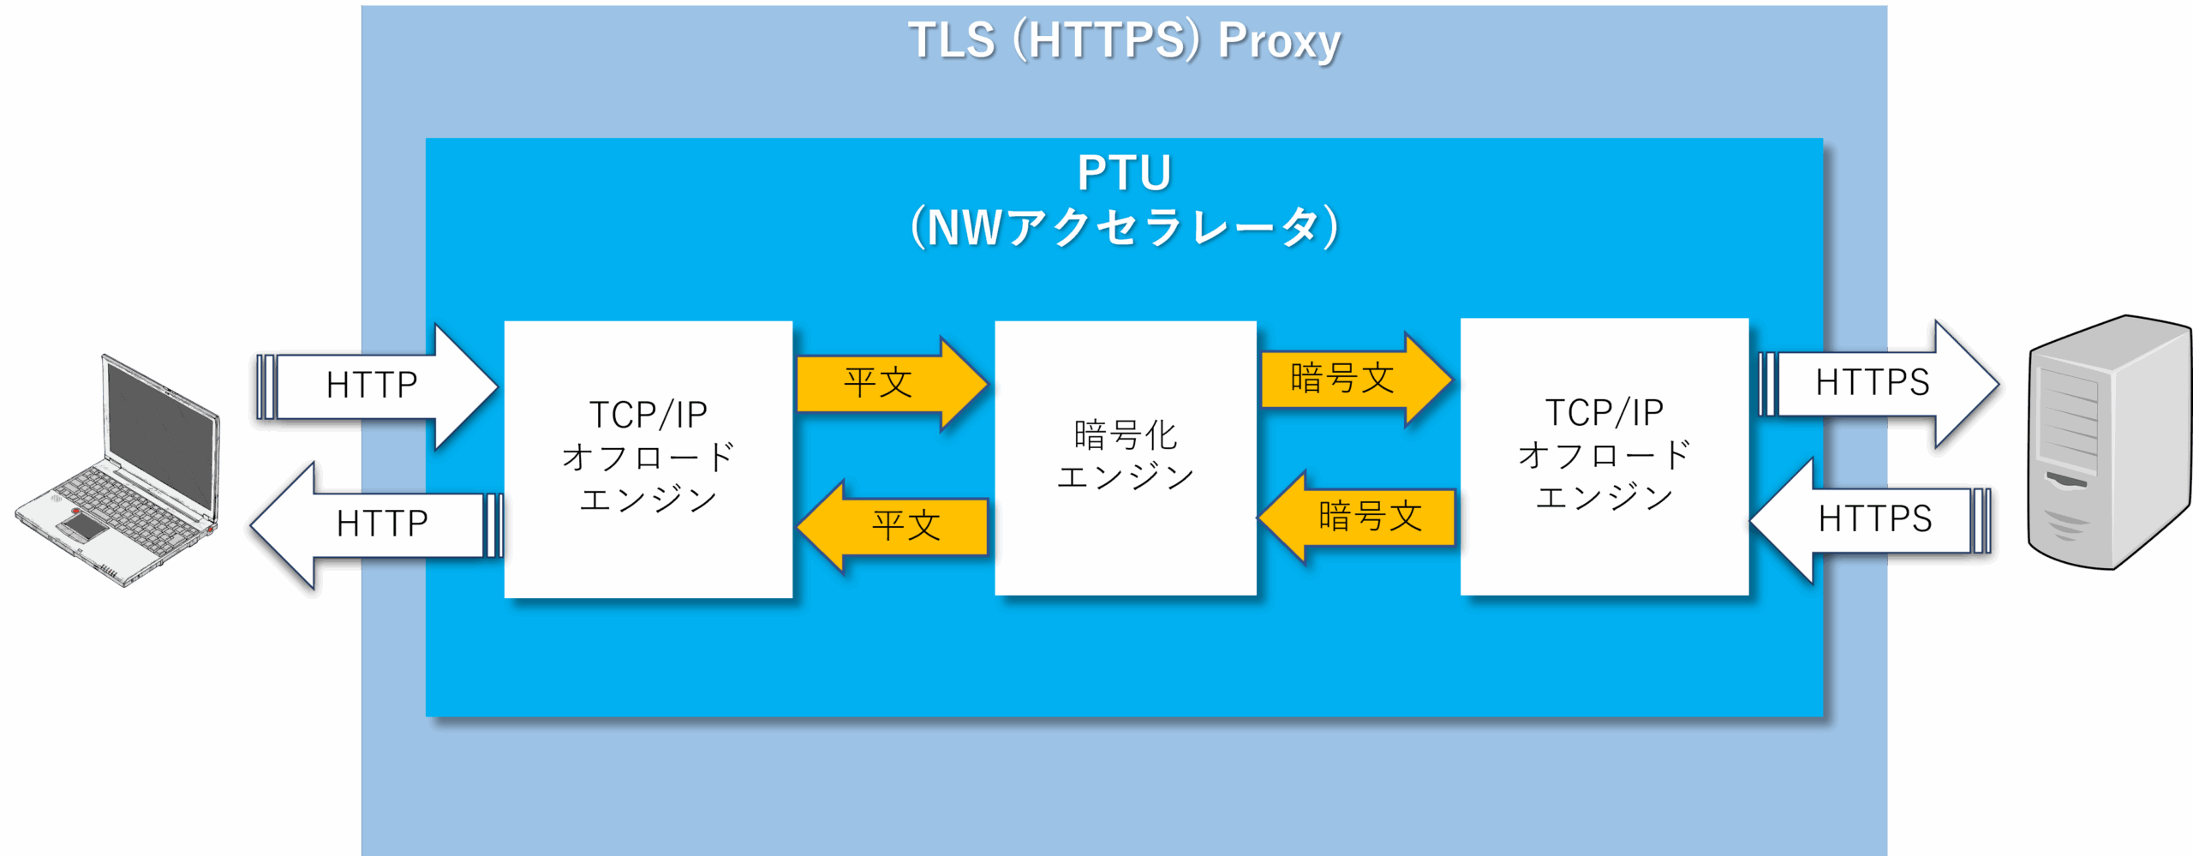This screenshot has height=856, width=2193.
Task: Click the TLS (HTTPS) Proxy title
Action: (1124, 40)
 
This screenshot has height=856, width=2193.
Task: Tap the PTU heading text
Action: (1124, 173)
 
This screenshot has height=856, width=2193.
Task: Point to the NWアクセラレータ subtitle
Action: (1124, 227)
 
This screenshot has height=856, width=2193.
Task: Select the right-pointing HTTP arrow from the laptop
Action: (377, 386)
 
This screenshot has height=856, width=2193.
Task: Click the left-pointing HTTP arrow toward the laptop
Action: (377, 524)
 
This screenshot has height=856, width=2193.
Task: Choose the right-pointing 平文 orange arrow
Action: (892, 383)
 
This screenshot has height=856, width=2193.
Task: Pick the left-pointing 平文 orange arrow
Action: (892, 525)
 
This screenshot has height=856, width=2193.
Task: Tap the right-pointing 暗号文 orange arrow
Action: (1356, 379)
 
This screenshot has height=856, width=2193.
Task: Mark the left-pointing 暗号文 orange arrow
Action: (1358, 517)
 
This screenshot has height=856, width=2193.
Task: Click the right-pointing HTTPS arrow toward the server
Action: (1878, 383)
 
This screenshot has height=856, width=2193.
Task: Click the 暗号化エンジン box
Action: (1126, 458)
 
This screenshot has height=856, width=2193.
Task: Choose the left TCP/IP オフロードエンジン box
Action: (648, 459)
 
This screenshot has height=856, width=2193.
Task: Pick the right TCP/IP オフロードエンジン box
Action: (1604, 457)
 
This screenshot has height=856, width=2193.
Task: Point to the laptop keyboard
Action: (128, 506)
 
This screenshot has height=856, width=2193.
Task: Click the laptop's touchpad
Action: (83, 524)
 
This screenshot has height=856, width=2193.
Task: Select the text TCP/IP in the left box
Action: (648, 415)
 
